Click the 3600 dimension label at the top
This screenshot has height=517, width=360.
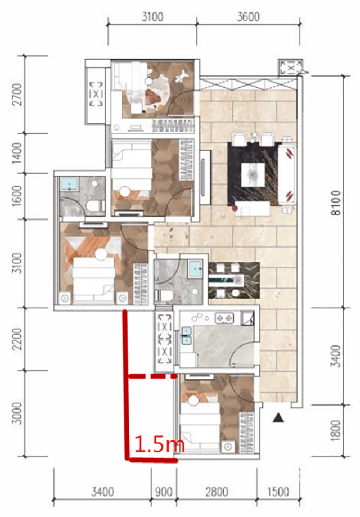[x=248, y=16]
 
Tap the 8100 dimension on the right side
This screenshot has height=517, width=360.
[x=336, y=203]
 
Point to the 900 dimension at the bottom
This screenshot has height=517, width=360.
[x=164, y=492]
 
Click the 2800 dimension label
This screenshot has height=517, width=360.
[x=217, y=492]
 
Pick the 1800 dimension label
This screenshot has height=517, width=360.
[x=336, y=430]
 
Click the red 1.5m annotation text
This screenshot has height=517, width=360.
[x=159, y=444]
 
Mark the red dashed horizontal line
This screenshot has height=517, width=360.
[x=152, y=376]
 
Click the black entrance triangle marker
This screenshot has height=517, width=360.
[x=278, y=418]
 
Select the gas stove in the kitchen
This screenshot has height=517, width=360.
[x=224, y=318]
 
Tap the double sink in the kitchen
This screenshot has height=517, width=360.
[x=187, y=335]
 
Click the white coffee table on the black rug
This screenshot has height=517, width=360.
[x=253, y=175]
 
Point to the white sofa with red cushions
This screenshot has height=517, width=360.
[x=287, y=175]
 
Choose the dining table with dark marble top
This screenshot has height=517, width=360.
[x=234, y=280]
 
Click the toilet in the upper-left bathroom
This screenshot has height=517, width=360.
[x=95, y=206]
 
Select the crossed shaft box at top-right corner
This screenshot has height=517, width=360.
[x=290, y=68]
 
